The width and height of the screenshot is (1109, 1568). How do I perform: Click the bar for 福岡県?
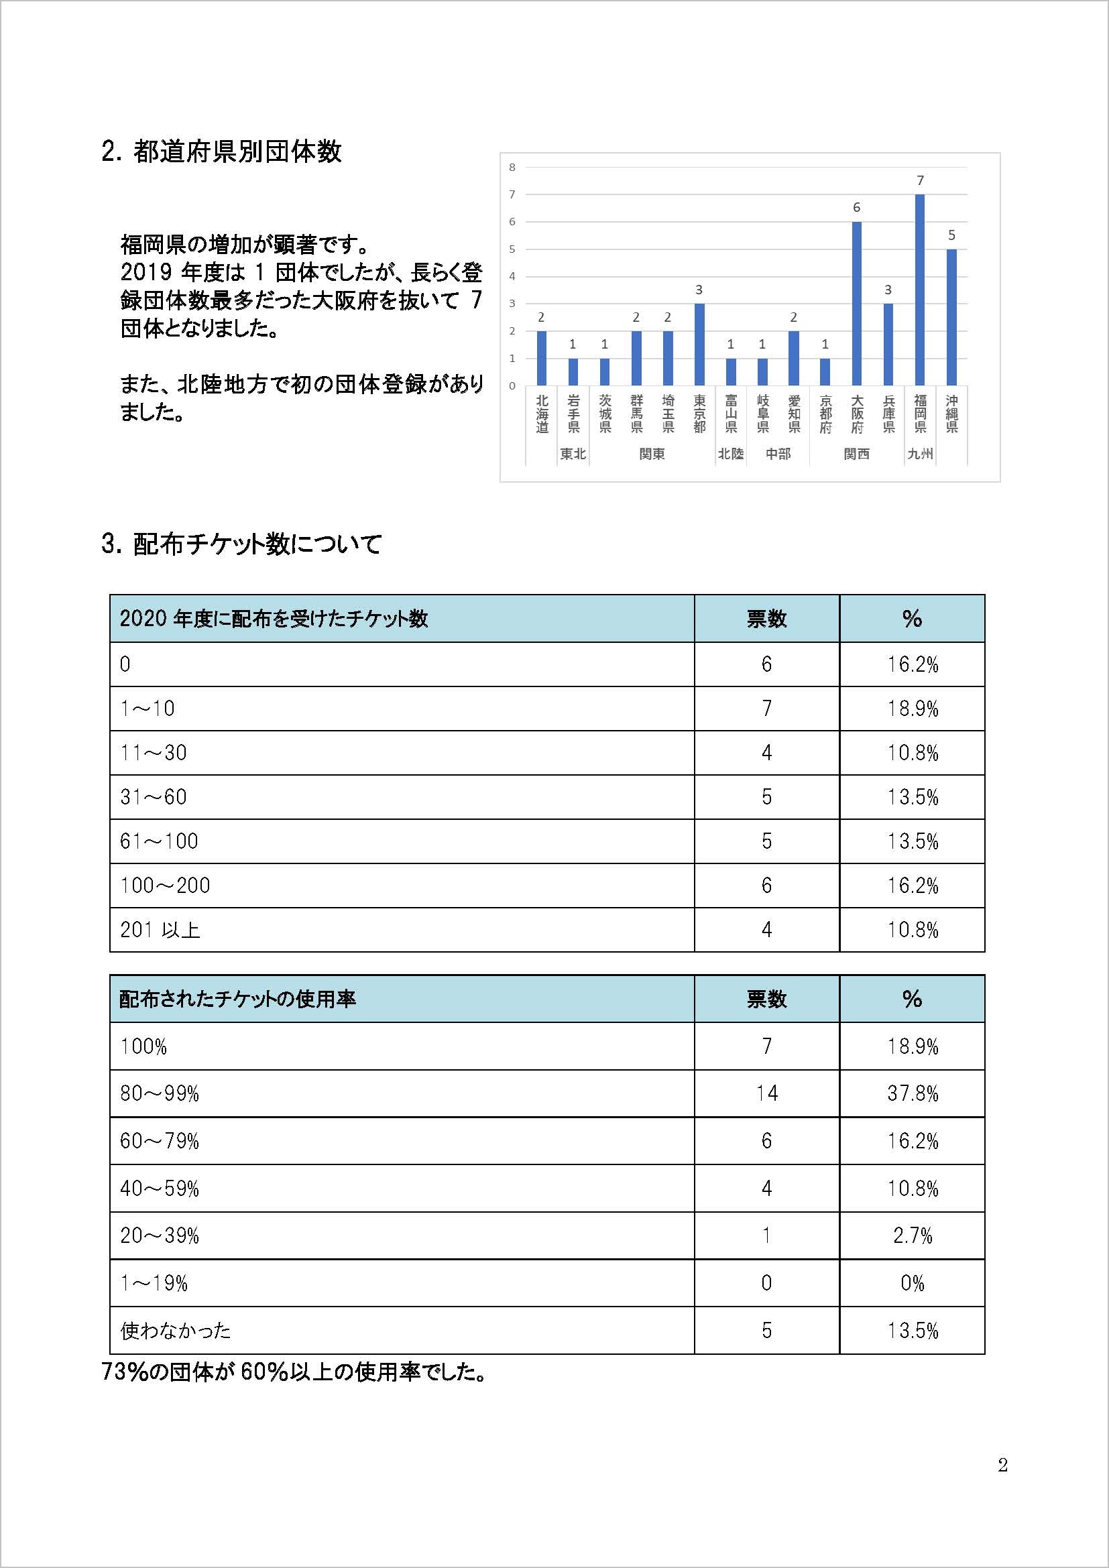[920, 290]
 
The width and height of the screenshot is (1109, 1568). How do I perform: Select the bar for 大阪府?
[856, 304]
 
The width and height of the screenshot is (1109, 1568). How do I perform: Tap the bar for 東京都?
[699, 345]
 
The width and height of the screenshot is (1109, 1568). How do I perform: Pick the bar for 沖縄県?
[951, 318]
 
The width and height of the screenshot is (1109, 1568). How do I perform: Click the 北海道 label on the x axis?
[542, 414]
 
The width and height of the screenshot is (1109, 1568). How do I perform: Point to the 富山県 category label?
[731, 414]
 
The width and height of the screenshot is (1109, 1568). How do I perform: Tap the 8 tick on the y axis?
[512, 168]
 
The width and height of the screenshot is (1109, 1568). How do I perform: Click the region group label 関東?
[652, 454]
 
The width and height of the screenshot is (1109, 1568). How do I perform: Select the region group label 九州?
[920, 454]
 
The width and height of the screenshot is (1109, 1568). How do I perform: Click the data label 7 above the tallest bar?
[920, 181]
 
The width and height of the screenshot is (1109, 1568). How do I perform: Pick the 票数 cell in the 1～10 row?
[766, 708]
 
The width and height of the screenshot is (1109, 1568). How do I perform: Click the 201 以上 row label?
[160, 929]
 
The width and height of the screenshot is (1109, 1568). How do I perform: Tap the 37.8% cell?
[913, 1093]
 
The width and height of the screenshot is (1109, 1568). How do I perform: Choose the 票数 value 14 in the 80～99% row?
[766, 1093]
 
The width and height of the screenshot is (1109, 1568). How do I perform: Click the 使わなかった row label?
[176, 1330]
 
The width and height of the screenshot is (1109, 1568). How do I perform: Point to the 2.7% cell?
[913, 1235]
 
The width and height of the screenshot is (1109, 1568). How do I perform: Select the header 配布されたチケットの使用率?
[237, 999]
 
